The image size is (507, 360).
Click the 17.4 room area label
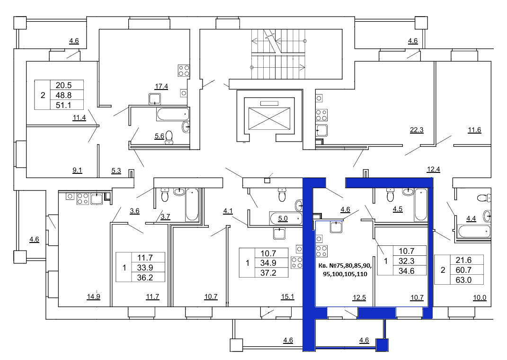[x=161, y=86]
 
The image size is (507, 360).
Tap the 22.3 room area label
[x=417, y=130]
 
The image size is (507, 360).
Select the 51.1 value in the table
[x=63, y=105]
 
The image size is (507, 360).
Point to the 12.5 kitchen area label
[x=359, y=297]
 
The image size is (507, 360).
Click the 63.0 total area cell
[x=463, y=280]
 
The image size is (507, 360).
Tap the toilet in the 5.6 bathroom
[x=169, y=137]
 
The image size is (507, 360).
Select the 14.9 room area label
[x=93, y=297]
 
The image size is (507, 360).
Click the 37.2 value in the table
[x=268, y=273]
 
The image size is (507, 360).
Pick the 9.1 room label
[x=77, y=171]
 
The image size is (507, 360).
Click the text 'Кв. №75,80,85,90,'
[x=345, y=266]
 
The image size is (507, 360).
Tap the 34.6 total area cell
[x=407, y=271]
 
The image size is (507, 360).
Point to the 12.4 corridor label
[x=433, y=170]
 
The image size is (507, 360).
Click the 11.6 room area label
[x=474, y=130]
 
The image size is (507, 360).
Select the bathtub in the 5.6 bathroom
[x=173, y=114]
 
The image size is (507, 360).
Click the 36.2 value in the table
[x=145, y=278]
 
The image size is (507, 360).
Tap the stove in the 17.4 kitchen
[x=184, y=71]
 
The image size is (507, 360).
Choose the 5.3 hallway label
[x=116, y=171]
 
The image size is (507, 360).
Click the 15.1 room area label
[x=287, y=297]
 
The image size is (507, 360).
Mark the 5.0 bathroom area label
[x=283, y=219]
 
